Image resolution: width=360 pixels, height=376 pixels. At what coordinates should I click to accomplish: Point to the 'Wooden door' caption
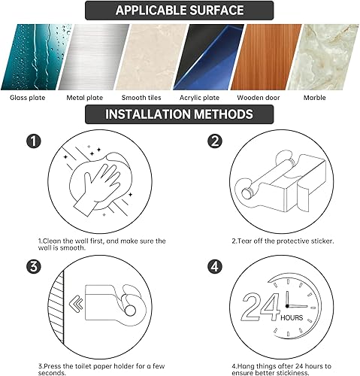tap(259, 98)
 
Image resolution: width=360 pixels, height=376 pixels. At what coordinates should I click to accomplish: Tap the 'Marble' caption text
tap(314, 98)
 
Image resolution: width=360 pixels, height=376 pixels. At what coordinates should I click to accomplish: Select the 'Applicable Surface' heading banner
tap(179, 11)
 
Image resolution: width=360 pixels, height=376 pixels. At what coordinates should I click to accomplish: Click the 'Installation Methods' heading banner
tap(179, 115)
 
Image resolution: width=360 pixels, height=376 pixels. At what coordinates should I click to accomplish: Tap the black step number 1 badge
tap(32, 141)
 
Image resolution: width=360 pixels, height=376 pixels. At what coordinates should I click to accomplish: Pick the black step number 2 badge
tap(215, 141)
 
